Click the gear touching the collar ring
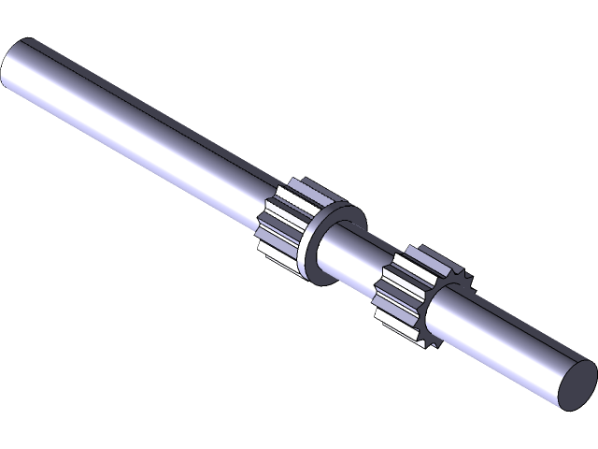pos(280,224)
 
